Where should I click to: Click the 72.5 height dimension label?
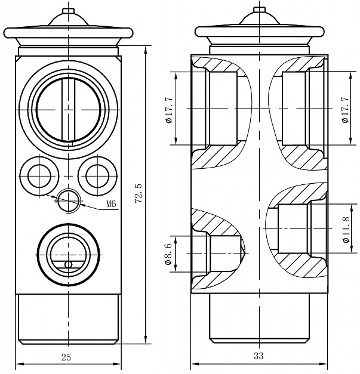(138, 194)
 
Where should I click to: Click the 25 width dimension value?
(67, 357)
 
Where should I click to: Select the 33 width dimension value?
(259, 357)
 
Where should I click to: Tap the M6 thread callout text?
(110, 204)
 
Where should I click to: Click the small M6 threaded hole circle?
(69, 199)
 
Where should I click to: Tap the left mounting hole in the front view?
(40, 175)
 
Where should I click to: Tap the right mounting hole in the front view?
(97, 175)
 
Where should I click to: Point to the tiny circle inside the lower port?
(69, 264)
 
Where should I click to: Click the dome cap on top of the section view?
(259, 22)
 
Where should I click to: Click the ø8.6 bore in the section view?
(223, 253)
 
